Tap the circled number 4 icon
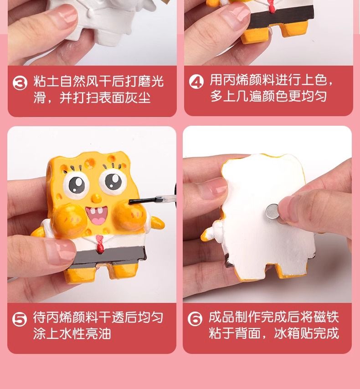pyautogui.click(x=196, y=82)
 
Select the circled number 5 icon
pyautogui.click(x=19, y=319)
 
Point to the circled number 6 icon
pyautogui.click(x=195, y=318)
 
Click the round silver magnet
pyautogui.click(x=273, y=212)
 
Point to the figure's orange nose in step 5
pyautogui.click(x=96, y=198)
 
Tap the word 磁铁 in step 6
pyautogui.click(x=326, y=317)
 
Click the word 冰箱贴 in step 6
pyautogui.click(x=293, y=333)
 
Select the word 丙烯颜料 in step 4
pyautogui.click(x=249, y=80)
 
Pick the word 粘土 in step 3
pyautogui.click(x=46, y=82)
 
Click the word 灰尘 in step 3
pyautogui.click(x=138, y=97)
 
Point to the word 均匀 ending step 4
pyautogui.click(x=314, y=96)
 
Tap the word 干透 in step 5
pyautogui.click(x=112, y=317)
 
